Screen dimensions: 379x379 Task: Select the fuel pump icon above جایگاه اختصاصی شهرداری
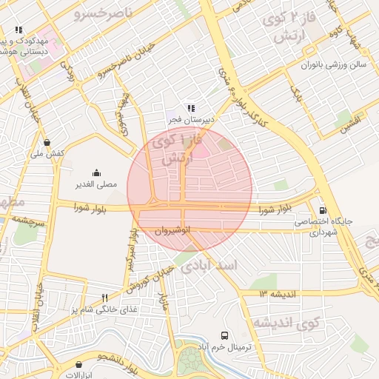[x=322, y=209]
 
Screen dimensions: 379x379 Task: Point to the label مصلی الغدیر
[x=94, y=184]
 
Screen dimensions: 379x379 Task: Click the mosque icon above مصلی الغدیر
[x=95, y=172]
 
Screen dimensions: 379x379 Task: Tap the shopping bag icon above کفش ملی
[x=47, y=142]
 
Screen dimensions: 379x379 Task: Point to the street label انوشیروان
[x=172, y=231]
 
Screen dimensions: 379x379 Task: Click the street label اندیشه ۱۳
[x=278, y=294]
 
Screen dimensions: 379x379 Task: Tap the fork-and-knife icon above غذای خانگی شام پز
[x=114, y=298]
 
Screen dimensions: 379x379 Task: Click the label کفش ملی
[x=48, y=154]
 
